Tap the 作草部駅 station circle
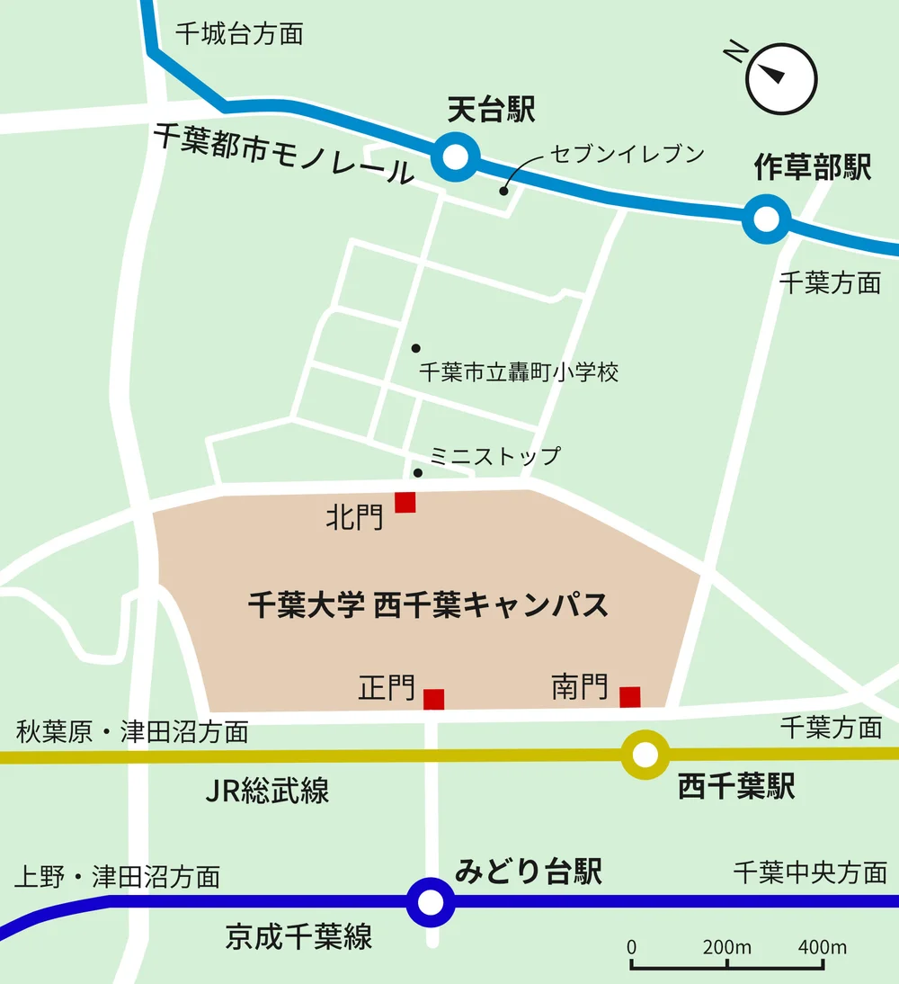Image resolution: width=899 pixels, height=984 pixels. point(766,219)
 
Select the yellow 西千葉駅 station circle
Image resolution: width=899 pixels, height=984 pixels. point(645,755)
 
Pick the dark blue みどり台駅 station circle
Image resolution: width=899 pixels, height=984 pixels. point(431,901)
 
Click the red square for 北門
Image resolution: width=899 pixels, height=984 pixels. point(405,502)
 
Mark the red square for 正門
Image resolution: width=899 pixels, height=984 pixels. point(434,699)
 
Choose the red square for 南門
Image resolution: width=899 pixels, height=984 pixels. point(630,696)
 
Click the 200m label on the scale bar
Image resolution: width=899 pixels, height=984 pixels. point(726,947)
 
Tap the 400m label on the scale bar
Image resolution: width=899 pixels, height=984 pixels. point(822,947)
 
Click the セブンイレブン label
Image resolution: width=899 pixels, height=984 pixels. point(628,154)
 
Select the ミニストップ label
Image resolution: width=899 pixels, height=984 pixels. point(494,456)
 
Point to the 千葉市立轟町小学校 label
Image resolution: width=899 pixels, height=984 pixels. point(519,371)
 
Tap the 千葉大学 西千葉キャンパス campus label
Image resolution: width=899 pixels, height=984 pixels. point(428,604)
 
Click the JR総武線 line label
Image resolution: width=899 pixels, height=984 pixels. point(267,791)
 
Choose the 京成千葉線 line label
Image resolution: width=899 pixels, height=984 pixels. point(298,938)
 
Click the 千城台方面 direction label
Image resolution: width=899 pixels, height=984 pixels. point(239,34)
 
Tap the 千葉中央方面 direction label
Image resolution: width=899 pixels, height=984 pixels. point(809,872)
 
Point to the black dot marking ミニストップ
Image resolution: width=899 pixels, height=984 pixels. point(417,473)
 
